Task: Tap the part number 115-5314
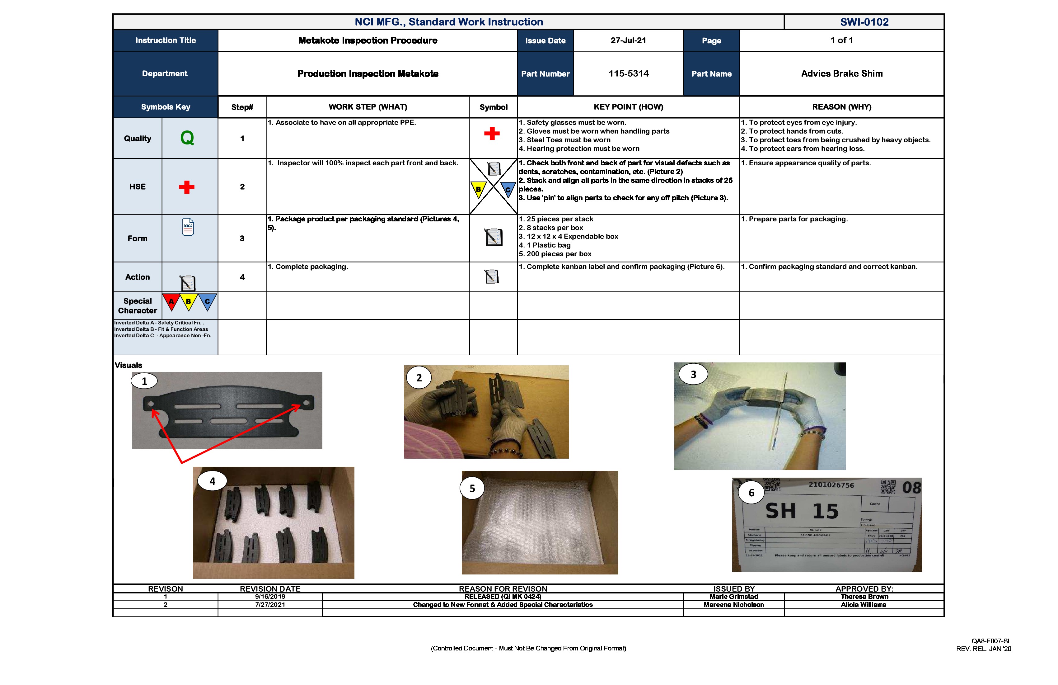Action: pyautogui.click(x=628, y=73)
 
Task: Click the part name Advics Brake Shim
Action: pyautogui.click(x=841, y=73)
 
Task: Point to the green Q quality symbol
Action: pyautogui.click(x=187, y=138)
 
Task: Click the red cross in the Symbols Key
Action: pyautogui.click(x=187, y=187)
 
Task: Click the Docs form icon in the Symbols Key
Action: pyautogui.click(x=188, y=227)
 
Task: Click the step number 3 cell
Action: pyautogui.click(x=242, y=239)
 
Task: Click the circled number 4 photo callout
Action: pyautogui.click(x=213, y=481)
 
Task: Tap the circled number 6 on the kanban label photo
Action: pyautogui.click(x=751, y=492)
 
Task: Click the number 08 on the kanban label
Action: pyautogui.click(x=911, y=488)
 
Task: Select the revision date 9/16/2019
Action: pyautogui.click(x=270, y=597)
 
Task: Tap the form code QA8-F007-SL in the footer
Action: pyautogui.click(x=991, y=641)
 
